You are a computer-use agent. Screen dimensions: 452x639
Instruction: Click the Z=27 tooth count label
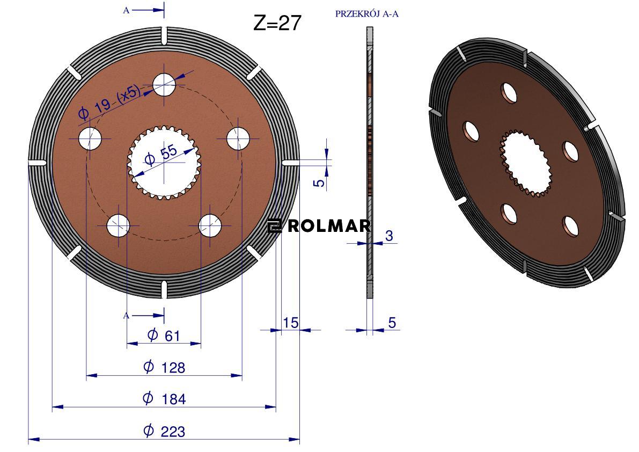277,23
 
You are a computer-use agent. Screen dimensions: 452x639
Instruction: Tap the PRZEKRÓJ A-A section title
366,14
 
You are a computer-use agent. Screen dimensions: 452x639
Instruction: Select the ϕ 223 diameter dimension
164,431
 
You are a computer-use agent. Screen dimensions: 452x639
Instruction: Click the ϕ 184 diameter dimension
164,398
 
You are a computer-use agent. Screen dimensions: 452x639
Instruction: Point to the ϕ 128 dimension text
164,367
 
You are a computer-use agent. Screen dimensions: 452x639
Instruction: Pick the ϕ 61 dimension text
164,336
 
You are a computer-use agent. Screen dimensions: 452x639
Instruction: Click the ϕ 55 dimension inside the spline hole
160,156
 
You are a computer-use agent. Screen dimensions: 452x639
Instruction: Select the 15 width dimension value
290,323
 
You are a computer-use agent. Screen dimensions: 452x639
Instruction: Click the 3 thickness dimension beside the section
389,236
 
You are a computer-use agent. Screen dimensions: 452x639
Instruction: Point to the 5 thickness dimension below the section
392,323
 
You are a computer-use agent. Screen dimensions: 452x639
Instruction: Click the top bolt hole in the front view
164,84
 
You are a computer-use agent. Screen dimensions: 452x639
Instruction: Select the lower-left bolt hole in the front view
118,225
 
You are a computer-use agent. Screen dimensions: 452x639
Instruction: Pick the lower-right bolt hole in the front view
210,225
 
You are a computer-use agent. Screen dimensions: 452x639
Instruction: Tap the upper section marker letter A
126,10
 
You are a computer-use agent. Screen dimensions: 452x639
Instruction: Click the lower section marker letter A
126,316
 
